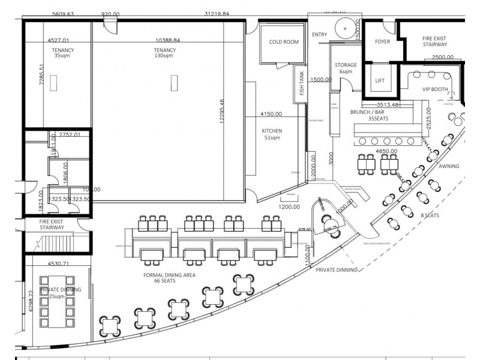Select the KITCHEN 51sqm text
272,134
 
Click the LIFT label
380,80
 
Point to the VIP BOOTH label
435,89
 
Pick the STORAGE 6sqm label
346,68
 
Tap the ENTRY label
319,34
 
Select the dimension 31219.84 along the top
217,13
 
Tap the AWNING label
448,166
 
